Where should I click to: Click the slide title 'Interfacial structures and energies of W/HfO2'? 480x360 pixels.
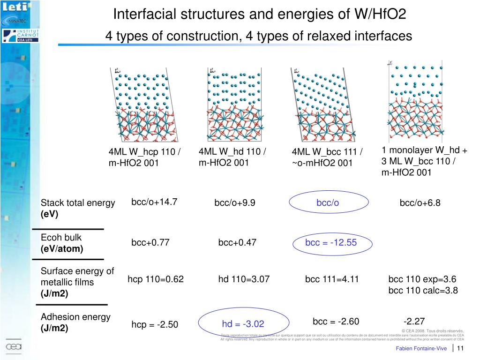pos(259,15)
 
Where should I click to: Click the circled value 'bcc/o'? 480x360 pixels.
pos(328,202)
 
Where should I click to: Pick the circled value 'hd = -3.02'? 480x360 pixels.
pos(243,324)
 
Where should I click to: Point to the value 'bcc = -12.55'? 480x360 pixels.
pos(330,242)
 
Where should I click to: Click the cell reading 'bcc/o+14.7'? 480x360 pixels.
pos(154,202)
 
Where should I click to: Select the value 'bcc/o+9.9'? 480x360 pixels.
pos(235,203)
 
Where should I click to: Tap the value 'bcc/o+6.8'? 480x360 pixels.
pos(420,203)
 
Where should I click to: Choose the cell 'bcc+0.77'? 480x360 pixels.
pos(150,243)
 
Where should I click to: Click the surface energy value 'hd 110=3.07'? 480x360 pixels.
pos(244,279)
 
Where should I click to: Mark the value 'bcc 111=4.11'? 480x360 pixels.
pos(332,279)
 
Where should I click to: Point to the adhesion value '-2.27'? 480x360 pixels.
pos(414,321)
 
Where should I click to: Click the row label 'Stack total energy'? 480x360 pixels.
pos(78,203)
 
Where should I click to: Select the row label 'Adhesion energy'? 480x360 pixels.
pos(75,317)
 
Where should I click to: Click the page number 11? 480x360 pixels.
pos(460,348)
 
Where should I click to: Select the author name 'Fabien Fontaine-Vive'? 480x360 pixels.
pos(421,348)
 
